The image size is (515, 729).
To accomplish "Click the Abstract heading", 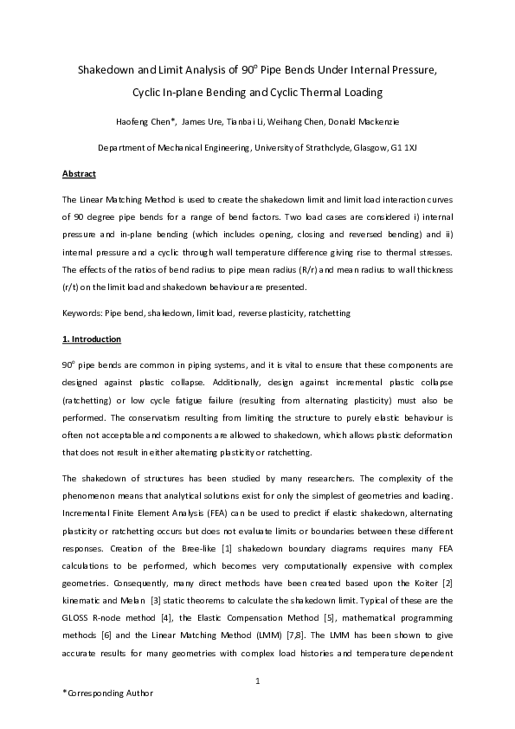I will (79, 174).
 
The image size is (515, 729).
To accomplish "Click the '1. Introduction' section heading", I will (91, 339).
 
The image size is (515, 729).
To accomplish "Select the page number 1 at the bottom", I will (258, 683).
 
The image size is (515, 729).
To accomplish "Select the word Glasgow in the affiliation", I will (372, 147).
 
